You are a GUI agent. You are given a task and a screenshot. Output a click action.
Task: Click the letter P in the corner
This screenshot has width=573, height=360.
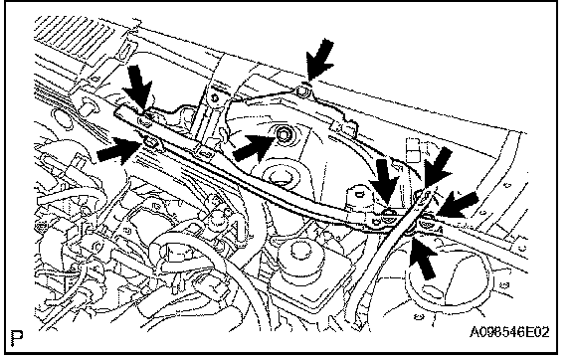point(17,338)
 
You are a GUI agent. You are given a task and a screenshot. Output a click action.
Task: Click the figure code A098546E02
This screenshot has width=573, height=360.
point(509,332)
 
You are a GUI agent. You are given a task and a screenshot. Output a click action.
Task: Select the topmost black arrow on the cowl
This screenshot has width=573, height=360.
point(320,59)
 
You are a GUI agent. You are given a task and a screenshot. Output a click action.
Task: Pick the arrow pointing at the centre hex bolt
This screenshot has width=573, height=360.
point(254,147)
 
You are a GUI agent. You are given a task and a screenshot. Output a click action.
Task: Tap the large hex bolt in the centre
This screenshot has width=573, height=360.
point(283,134)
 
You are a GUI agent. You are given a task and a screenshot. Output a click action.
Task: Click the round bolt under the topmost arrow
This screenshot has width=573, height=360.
point(303,90)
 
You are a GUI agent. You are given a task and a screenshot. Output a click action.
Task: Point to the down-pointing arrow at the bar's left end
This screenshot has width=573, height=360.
point(137,88)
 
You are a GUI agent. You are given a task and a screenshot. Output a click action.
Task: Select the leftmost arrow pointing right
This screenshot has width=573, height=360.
point(119,150)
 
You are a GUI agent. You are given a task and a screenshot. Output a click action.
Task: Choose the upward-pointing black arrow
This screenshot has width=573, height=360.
point(423,258)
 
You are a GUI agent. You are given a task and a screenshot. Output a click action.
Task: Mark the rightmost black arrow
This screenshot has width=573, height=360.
point(458,205)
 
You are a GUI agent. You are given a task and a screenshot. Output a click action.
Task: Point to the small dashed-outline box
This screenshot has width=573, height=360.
point(413,149)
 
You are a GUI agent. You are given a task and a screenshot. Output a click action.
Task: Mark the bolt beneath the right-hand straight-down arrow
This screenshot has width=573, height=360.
point(388,216)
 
